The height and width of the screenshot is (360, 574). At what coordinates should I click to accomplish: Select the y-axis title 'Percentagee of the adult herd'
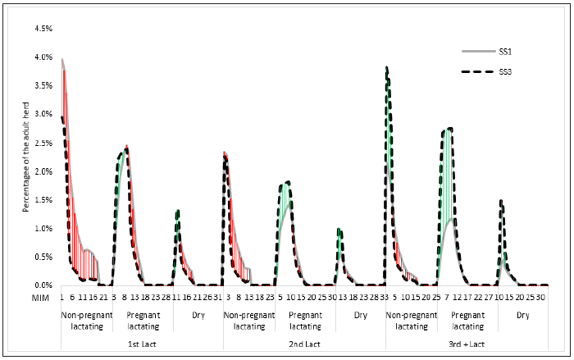click(26, 157)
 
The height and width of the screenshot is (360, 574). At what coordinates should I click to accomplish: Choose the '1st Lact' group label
click(142, 344)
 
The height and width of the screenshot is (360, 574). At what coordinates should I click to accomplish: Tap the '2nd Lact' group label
click(304, 344)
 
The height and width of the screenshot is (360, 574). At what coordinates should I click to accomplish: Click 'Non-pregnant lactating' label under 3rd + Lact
click(412, 320)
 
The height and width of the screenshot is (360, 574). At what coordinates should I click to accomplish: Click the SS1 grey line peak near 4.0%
click(62, 59)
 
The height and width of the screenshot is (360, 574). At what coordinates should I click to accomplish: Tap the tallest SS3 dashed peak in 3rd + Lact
click(387, 67)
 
